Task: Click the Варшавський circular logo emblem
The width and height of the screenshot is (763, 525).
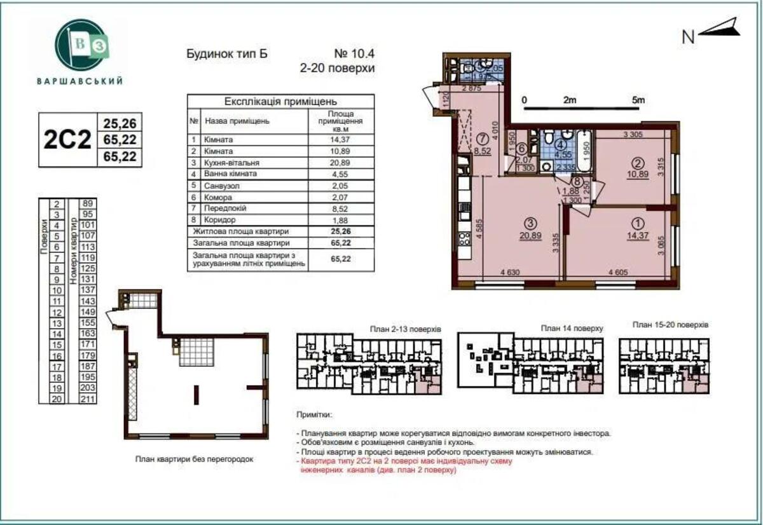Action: coord(79,46)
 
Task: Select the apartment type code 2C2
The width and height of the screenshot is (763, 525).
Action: coord(67,139)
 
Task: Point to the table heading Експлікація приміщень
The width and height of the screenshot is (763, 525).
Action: coord(280,102)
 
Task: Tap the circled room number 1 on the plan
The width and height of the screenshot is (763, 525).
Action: coord(636,223)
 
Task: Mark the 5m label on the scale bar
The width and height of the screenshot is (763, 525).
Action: coord(638,100)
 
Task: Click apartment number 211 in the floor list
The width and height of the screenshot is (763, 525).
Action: coord(88,399)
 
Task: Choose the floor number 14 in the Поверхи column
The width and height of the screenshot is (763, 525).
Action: coord(57,334)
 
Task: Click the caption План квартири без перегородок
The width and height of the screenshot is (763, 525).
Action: coord(194,458)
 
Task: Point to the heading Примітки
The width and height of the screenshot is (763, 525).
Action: coord(313,414)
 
